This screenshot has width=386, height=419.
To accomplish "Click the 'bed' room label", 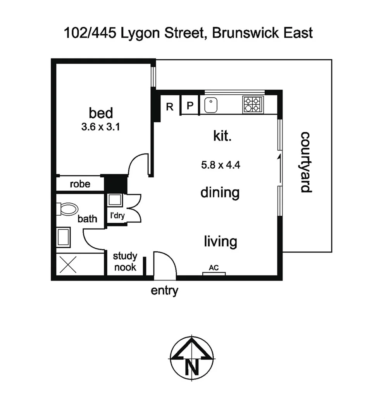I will [x=101, y=113].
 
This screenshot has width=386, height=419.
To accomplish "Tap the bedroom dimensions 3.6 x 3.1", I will [x=100, y=127].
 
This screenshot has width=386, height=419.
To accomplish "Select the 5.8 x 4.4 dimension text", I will [x=221, y=165].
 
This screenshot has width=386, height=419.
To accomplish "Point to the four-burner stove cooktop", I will [x=252, y=104].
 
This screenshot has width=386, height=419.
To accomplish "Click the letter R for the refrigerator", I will [x=170, y=107].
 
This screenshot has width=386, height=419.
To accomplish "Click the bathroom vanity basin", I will [x=63, y=237].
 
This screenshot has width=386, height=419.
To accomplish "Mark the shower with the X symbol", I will [x=69, y=265].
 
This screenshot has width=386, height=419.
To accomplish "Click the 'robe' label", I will [x=80, y=184].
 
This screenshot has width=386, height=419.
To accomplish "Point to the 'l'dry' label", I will [x=117, y=215].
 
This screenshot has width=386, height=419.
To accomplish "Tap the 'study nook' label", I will [x=125, y=261].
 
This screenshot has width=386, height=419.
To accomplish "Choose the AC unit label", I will [x=214, y=268].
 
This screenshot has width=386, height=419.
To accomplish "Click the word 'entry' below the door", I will [x=164, y=290].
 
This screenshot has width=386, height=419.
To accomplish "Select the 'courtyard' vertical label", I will [x=306, y=162].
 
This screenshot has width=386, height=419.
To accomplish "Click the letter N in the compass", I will [x=192, y=366].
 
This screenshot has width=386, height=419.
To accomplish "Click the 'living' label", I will [x=221, y=242].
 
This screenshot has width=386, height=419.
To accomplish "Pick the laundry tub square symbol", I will [x=115, y=200].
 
